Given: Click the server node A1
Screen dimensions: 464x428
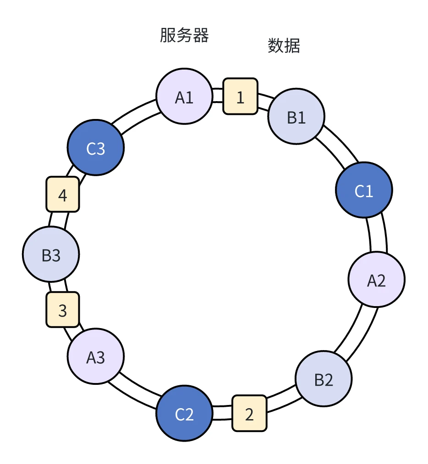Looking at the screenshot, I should pos(184,97).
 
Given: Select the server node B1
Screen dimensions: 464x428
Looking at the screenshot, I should pos(296,117).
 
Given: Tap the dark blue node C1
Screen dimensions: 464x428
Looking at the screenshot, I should pos(364,190).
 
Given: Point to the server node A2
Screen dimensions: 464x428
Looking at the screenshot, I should pos(376,280).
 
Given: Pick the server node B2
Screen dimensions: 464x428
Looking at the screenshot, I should pos(324,379).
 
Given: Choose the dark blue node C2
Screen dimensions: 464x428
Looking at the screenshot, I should pos(184,414).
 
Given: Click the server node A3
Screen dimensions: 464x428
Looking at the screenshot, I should pos(95,356).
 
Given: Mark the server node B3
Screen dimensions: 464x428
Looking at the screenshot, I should pos(51,254).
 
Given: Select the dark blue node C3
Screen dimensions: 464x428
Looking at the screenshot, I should pos(95,148).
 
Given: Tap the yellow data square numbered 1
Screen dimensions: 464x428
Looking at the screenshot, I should pos(240,97).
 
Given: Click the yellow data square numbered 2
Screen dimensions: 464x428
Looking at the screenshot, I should pos(249,413).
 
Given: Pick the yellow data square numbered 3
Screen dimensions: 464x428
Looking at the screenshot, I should pos(63,310).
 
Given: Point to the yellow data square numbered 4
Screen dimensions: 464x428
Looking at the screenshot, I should pos(63,194).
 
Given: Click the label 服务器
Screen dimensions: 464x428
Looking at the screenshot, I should pos(184,35).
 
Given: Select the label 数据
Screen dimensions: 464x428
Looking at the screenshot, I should pos(284,46).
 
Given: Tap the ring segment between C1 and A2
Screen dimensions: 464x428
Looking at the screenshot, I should pos(378,234).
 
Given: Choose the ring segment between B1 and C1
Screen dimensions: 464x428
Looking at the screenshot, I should pos(338,146).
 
